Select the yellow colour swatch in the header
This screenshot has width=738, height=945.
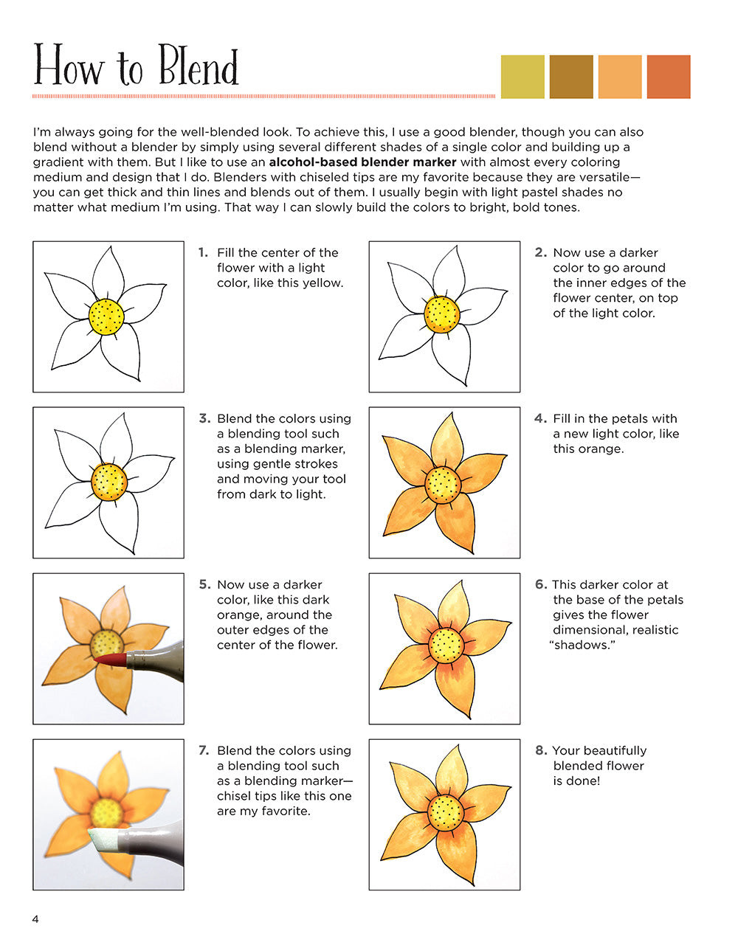pos(523,77)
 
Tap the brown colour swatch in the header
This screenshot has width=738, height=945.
pos(571,77)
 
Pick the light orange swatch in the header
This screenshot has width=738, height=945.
pos(620,77)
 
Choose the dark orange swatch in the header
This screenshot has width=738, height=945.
pos(669,77)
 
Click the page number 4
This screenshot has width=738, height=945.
pos(35,918)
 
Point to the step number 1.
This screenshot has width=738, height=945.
pos(203,252)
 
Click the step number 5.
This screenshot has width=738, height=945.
pos(204,584)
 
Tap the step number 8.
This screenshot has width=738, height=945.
pos(541,750)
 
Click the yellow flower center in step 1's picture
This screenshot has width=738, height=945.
pos(106,317)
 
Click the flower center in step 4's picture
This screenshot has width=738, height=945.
pos(443,484)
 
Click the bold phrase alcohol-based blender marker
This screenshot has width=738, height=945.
pos(362,162)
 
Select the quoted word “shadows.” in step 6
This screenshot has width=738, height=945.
pos(582,645)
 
